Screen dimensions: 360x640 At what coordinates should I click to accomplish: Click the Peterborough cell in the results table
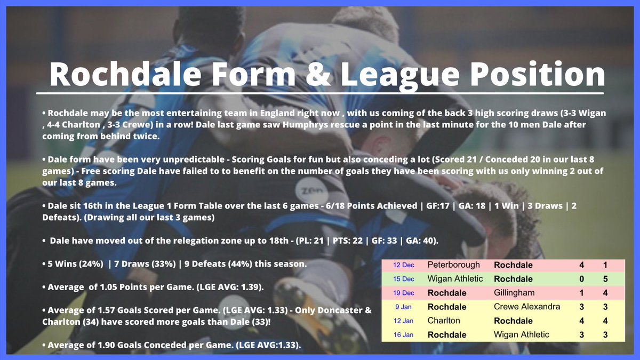454,265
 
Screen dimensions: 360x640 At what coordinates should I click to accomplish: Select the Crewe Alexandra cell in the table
527,307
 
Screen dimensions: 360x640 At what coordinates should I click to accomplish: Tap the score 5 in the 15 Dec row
604,279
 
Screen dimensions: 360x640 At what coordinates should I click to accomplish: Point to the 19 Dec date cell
403,293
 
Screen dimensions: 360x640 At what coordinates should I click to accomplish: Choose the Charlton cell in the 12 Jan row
444,321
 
